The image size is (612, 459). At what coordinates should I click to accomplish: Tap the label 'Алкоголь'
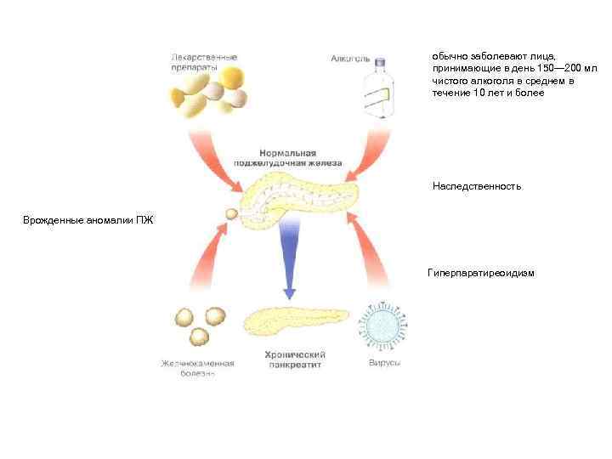point(349,59)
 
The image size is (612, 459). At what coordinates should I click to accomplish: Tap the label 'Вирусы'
point(385,364)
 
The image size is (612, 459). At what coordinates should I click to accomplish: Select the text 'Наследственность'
point(476,186)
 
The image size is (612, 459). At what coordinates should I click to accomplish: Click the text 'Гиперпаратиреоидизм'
point(481,274)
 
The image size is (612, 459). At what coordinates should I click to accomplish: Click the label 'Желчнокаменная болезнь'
point(198,368)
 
